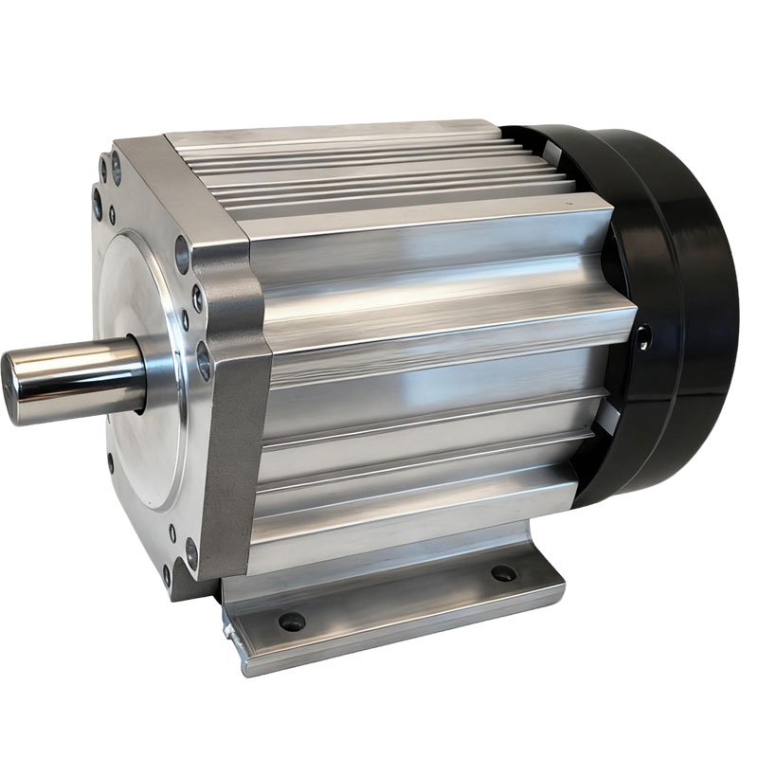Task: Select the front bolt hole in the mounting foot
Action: point(291,622)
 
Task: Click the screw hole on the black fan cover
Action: point(646,336)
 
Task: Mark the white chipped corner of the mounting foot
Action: point(228,631)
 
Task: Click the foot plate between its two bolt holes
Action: point(398,602)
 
